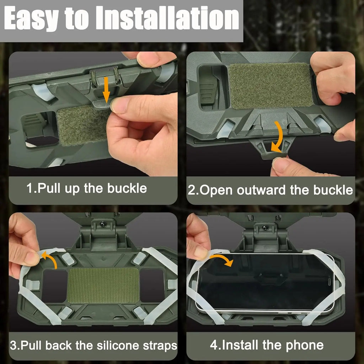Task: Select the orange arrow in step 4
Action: tap(220, 258)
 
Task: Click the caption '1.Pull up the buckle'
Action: tap(87, 188)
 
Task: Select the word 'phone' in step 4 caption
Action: tap(306, 345)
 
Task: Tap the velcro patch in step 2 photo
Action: tap(271, 86)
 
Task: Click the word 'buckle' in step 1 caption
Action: tap(127, 188)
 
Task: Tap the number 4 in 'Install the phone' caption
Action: tap(213, 345)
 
